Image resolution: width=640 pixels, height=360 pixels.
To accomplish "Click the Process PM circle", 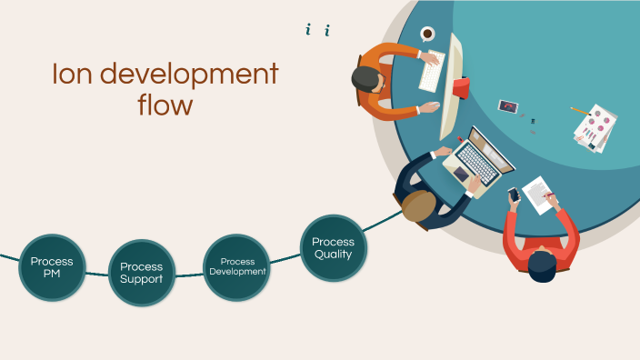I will tap(52, 267).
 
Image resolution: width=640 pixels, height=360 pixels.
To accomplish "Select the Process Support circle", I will tap(142, 273).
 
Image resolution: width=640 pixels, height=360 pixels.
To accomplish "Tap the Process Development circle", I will tap(236, 267).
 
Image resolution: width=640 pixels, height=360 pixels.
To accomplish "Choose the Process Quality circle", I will tap(333, 248).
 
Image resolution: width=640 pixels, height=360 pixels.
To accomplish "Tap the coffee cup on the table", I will tap(427, 34).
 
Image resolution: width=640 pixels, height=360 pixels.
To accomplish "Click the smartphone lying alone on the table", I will tap(506, 106).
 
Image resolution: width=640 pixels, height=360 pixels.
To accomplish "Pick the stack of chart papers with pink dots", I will tap(597, 128).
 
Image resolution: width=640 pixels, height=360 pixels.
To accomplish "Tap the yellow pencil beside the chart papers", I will tap(578, 111).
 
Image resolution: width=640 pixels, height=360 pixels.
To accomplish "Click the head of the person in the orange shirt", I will tap(368, 79).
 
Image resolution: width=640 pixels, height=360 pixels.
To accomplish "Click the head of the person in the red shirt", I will tap(543, 266).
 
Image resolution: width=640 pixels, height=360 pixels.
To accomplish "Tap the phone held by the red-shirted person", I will tap(514, 194).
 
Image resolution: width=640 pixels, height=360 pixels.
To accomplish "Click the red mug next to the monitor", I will tap(462, 87).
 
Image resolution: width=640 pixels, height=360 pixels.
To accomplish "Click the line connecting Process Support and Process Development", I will tap(189, 275).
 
